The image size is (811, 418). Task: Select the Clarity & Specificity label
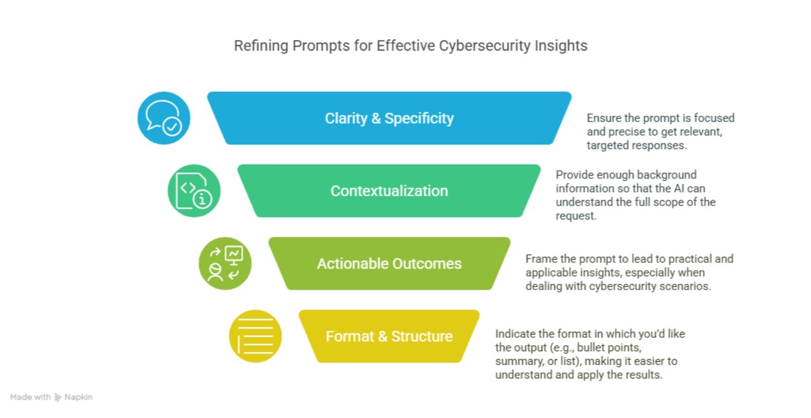389,118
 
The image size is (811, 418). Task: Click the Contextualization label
389,191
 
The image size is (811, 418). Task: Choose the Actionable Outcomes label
389,263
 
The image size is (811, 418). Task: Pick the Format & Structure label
389,336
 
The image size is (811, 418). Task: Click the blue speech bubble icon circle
164,118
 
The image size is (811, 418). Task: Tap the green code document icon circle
194,191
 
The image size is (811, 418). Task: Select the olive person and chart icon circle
225,263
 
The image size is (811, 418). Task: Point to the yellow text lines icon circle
256,336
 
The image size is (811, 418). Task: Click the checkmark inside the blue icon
172,126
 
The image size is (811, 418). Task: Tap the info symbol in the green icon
202,199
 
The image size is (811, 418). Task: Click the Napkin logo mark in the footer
58,397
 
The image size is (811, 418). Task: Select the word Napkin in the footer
78,397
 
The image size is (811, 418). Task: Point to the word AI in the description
679,188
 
